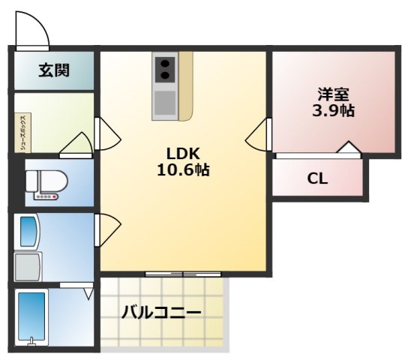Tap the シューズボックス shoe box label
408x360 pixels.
point(24,133)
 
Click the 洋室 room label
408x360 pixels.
point(333,94)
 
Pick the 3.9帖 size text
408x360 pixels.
point(333,111)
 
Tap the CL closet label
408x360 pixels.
point(317,179)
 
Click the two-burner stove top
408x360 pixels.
point(165,70)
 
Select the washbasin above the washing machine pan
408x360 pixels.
point(27,232)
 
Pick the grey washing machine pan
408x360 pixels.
point(28,265)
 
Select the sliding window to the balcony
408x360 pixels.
point(183,274)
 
